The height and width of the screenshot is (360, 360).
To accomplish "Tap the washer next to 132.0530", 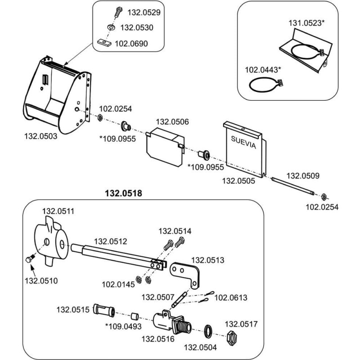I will tap(110, 28).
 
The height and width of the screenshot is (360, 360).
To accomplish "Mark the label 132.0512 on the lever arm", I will tap(110, 242).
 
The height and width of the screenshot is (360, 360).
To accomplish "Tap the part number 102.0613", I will tap(231, 297).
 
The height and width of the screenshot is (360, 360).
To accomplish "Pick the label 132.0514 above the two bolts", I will tap(175, 231).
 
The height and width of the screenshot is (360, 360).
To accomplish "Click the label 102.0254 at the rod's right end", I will tap(322, 207).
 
